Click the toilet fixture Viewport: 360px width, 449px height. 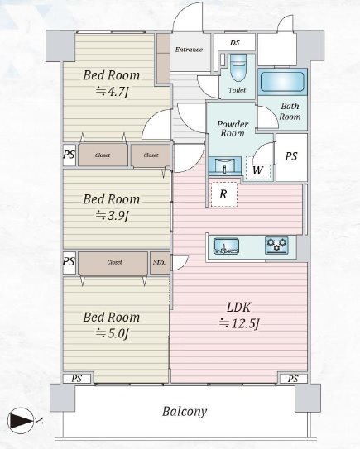tap(238, 69)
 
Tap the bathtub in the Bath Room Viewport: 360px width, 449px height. tap(282, 82)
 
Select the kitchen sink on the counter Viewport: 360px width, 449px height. tap(227, 246)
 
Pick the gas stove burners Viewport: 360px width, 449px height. tap(276, 245)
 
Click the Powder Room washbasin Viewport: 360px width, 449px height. tap(225, 165)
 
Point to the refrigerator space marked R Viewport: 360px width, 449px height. tap(223, 194)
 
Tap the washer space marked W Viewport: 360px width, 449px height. tap(258, 169)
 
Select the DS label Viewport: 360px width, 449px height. tap(235, 43)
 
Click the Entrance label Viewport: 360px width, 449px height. tap(189, 50)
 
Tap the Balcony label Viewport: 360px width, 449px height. tap(185, 412)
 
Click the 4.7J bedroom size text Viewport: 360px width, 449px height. tap(112, 92)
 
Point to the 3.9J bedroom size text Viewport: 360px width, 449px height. tap(112, 215)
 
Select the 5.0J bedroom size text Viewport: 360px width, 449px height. tap(112, 333)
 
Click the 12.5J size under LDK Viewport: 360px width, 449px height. tap(239, 323)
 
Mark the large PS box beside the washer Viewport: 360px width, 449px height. tap(291, 157)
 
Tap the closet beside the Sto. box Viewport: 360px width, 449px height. tap(113, 263)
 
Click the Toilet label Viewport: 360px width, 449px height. tap(238, 90)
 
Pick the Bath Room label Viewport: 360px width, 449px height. tap(290, 112)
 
